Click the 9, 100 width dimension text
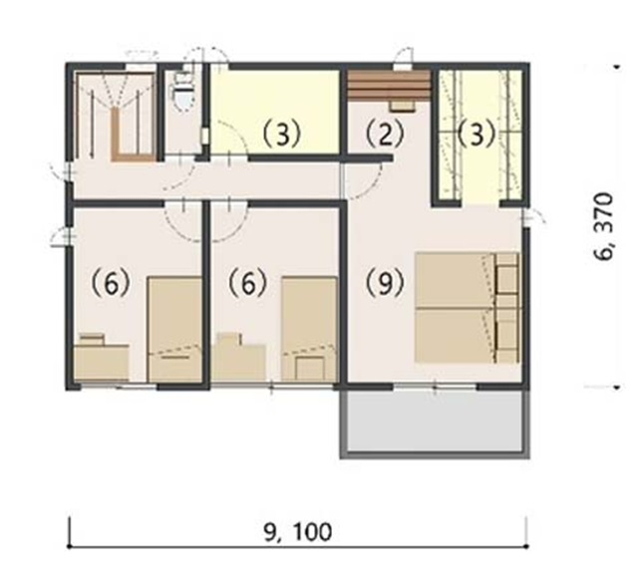click(x=298, y=532)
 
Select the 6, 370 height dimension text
click(x=603, y=227)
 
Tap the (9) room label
click(x=385, y=283)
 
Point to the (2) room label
click(x=385, y=135)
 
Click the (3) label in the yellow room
click(x=281, y=135)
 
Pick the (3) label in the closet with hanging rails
click(x=477, y=135)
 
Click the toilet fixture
click(x=183, y=92)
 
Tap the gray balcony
click(x=435, y=423)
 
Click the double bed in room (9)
click(x=468, y=307)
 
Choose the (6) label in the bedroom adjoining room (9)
click(x=247, y=283)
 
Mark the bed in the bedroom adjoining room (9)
click(x=310, y=330)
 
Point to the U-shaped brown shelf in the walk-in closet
click(x=133, y=135)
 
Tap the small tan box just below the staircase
click(x=403, y=106)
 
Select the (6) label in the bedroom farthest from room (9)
click(x=111, y=283)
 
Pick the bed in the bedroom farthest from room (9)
click(x=175, y=330)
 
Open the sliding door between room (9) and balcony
click(x=435, y=386)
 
